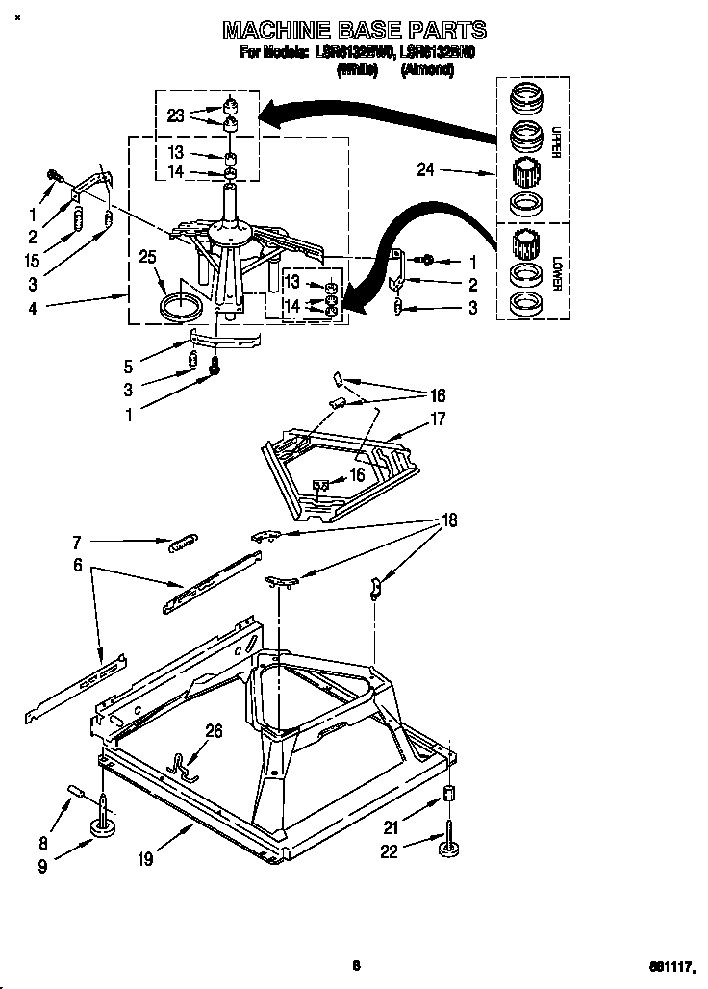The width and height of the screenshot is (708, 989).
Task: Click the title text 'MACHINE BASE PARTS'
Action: tap(354, 30)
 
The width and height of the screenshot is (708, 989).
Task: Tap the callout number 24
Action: tap(425, 169)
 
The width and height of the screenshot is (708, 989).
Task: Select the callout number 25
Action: tap(147, 257)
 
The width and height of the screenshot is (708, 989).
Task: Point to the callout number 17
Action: tap(438, 418)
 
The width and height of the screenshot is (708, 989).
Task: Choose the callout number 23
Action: tap(174, 115)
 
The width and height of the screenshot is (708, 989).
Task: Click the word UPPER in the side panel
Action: tap(556, 140)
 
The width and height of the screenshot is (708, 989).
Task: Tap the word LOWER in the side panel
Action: tap(556, 272)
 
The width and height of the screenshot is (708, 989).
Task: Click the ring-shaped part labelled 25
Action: tap(181, 310)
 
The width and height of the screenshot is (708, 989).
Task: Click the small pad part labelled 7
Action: tap(183, 544)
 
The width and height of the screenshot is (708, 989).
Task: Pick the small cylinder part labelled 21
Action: tap(447, 794)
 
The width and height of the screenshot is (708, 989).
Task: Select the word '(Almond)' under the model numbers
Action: tap(426, 70)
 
